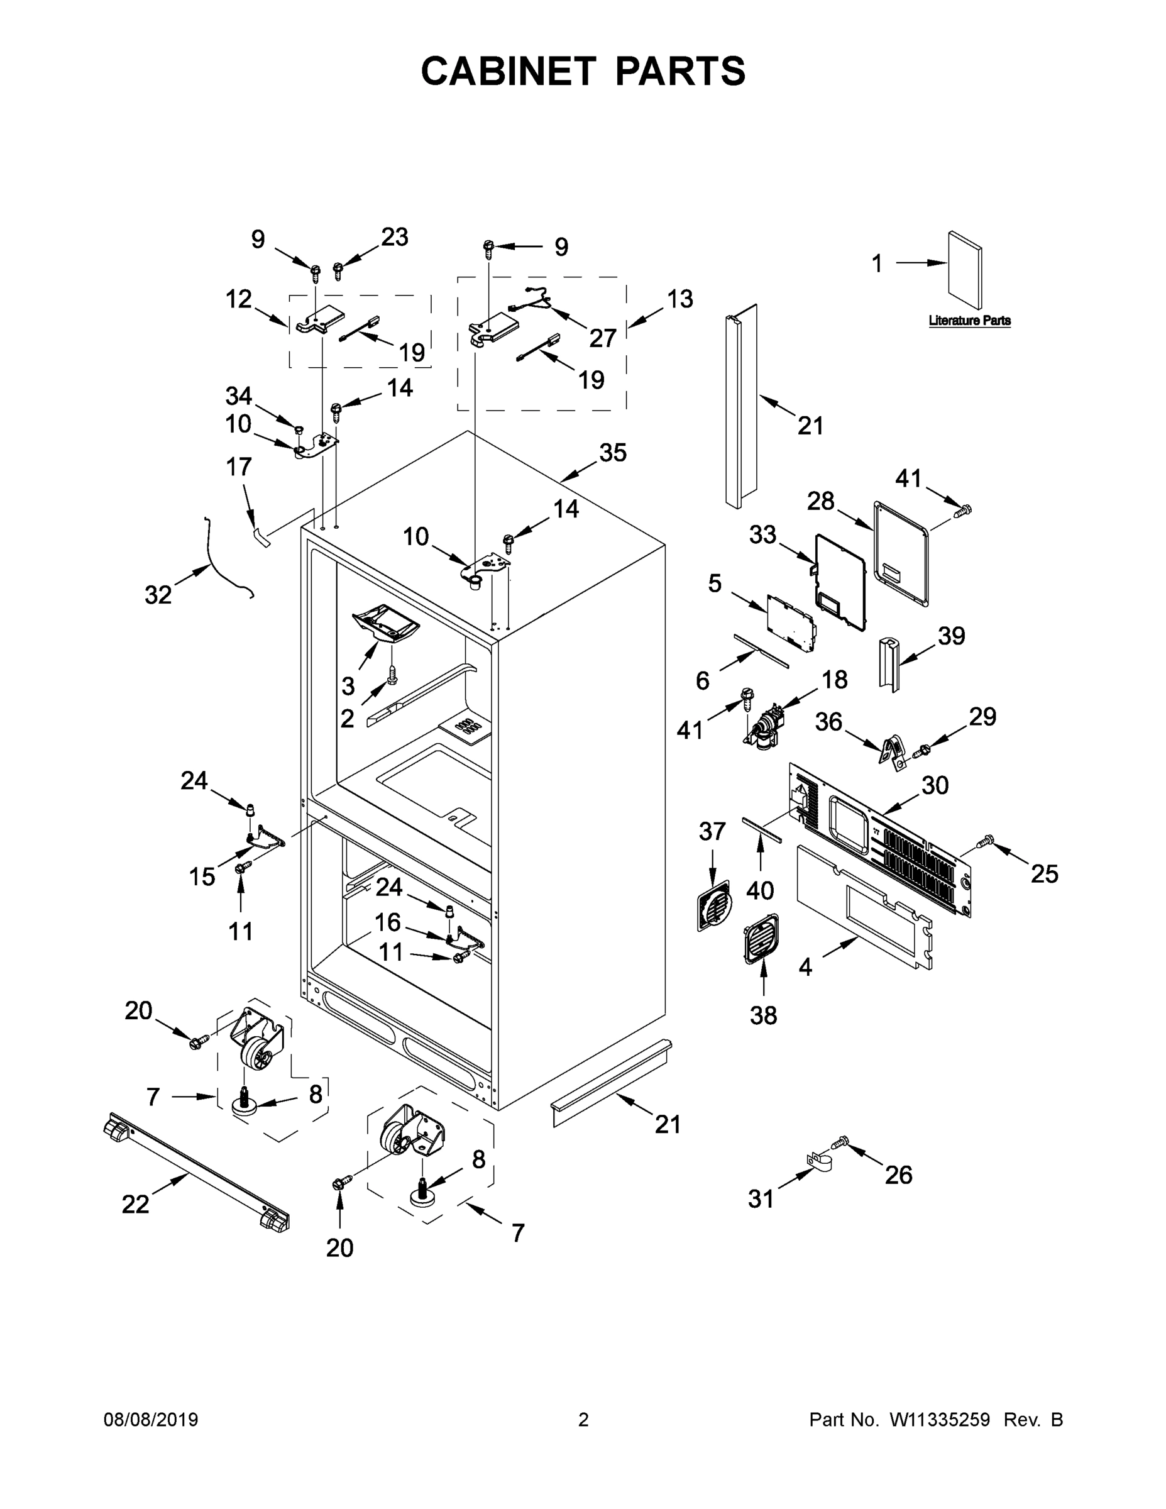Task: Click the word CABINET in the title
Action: point(508,71)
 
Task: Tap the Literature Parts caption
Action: point(969,321)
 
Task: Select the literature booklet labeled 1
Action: point(964,270)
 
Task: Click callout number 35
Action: point(612,453)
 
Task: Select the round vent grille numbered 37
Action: point(713,905)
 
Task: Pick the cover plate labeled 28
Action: point(901,553)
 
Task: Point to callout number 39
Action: point(950,636)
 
